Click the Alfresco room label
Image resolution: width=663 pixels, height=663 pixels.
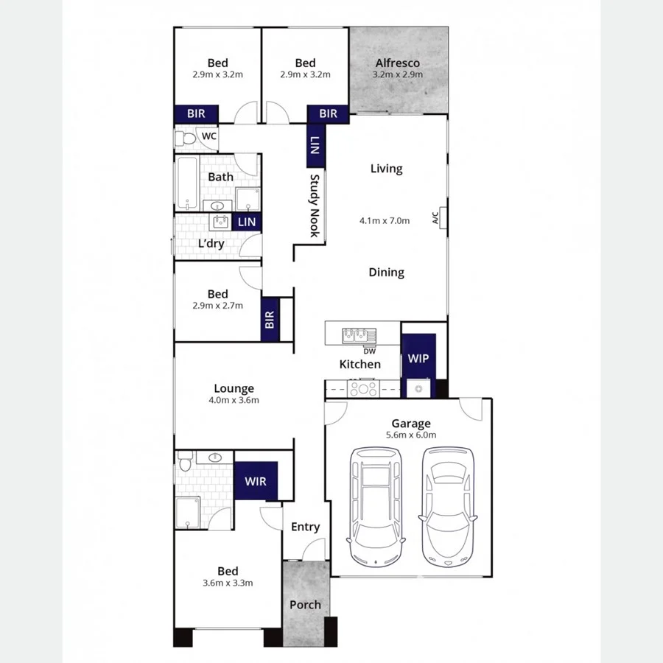[x=397, y=63]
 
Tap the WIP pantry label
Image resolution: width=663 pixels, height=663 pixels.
[x=417, y=359]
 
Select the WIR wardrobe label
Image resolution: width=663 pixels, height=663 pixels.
[x=255, y=482]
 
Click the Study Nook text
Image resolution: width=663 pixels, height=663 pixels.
[x=314, y=205]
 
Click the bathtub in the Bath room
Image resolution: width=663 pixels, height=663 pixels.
[x=187, y=182]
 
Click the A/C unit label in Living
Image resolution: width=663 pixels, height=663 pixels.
[x=435, y=218]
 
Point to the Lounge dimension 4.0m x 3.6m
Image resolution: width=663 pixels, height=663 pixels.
[x=234, y=401]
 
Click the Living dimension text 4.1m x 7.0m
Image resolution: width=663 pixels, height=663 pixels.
[x=384, y=220]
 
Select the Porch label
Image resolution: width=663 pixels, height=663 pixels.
[x=305, y=605]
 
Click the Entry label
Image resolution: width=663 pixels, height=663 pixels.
[x=305, y=527]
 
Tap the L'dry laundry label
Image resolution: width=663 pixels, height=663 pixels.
[x=211, y=244]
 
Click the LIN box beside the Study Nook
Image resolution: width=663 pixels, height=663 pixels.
[x=315, y=145]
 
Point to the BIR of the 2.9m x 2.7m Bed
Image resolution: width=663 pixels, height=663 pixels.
[x=270, y=320]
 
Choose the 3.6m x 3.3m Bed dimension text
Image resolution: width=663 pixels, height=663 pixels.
[x=228, y=583]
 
